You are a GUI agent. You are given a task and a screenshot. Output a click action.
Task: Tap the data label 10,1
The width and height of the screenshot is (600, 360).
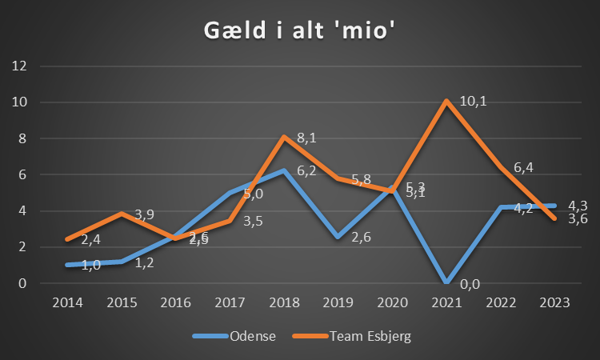[474, 102]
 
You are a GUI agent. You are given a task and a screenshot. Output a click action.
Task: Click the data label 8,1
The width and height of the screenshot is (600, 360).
[306, 138]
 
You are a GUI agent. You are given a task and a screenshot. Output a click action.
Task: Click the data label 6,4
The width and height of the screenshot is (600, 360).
[523, 167]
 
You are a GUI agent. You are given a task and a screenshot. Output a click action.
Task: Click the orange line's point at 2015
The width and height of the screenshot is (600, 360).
[121, 213]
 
